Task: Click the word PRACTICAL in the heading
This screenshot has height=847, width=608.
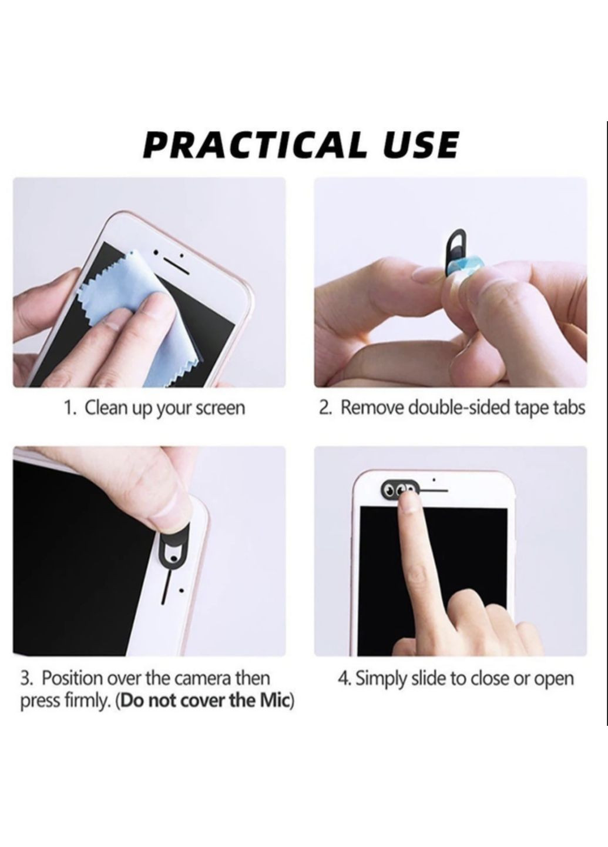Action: [x=256, y=145]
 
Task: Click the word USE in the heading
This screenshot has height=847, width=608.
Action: [x=421, y=145]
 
